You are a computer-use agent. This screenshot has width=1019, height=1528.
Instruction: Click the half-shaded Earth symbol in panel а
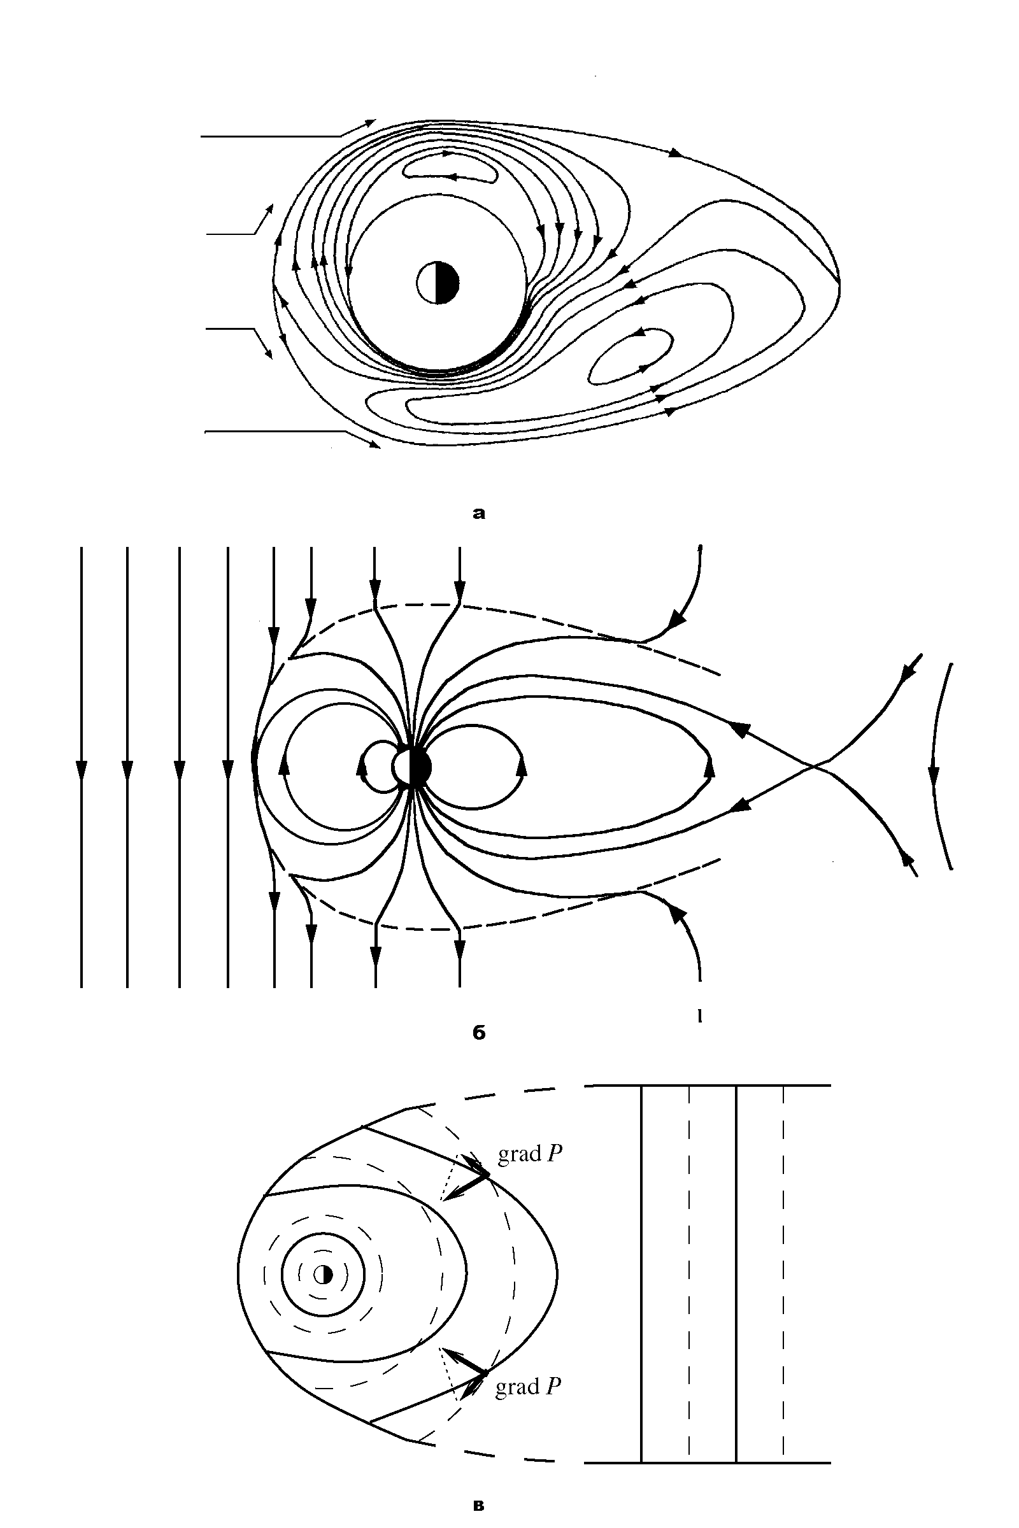(x=438, y=283)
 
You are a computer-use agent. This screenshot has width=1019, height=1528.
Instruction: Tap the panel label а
(x=479, y=514)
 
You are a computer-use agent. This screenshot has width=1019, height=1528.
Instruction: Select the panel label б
(x=479, y=1032)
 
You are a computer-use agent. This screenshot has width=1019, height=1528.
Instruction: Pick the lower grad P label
(x=529, y=1387)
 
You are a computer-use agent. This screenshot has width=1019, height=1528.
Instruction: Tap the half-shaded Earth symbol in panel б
(x=411, y=768)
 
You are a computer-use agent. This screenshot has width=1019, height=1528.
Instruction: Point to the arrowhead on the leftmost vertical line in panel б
(x=82, y=768)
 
